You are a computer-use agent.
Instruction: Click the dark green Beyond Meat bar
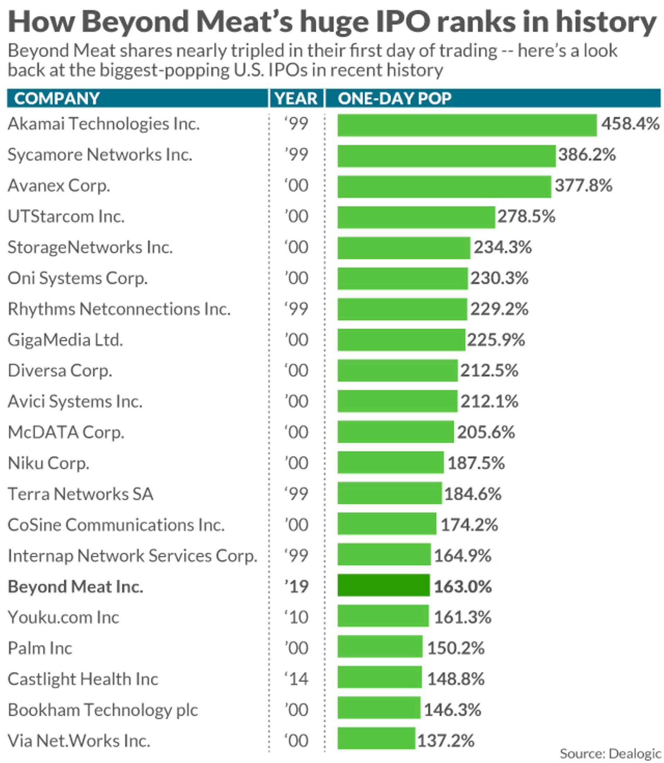coord(384,585)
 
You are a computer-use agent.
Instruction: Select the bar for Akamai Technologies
coord(467,125)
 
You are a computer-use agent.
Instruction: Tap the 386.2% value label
coord(587,155)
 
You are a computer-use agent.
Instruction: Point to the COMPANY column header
coord(57,99)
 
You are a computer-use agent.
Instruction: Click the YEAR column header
coord(296,99)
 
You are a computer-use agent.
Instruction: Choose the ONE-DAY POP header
coord(395,99)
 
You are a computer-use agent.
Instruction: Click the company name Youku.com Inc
coord(63,617)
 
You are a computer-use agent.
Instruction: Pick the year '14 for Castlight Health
coord(296,679)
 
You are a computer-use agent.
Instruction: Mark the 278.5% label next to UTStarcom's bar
coord(526,217)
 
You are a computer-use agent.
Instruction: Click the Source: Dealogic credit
coord(610,754)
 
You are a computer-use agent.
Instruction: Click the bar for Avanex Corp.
coord(444,187)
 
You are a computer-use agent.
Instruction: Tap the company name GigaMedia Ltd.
coord(65,340)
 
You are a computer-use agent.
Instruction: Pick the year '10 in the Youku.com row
coord(296,617)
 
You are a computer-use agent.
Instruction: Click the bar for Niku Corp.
coord(390,462)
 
